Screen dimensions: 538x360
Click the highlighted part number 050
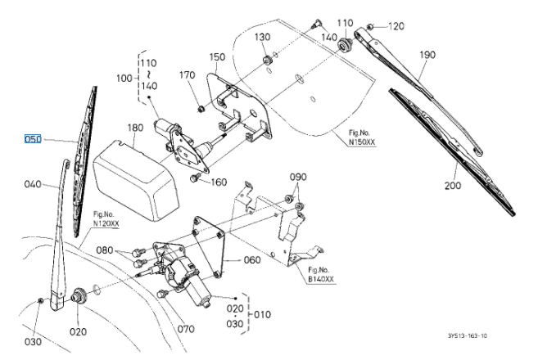click(x=33, y=139)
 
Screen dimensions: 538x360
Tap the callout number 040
click(x=33, y=184)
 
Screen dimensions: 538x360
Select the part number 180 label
click(x=136, y=128)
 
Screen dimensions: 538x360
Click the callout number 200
click(x=453, y=186)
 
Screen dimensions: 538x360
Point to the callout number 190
click(x=427, y=55)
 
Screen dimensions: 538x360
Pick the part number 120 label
click(x=396, y=26)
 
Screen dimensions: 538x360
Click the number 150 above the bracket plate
click(x=217, y=57)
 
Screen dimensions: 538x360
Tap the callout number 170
click(x=188, y=74)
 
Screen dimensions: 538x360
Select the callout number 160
click(x=219, y=182)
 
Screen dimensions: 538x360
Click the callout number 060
click(x=252, y=260)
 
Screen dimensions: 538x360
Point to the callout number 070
click(x=186, y=329)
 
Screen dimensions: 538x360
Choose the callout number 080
click(x=104, y=250)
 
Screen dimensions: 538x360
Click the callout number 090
click(x=298, y=178)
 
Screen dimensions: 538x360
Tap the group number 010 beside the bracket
click(x=263, y=315)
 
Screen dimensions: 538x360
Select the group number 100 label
click(x=124, y=79)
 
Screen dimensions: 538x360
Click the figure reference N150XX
click(x=362, y=142)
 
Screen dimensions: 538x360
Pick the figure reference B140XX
click(x=321, y=279)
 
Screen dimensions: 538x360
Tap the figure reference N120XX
click(x=106, y=223)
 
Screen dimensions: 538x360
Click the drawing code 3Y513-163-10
click(x=468, y=336)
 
